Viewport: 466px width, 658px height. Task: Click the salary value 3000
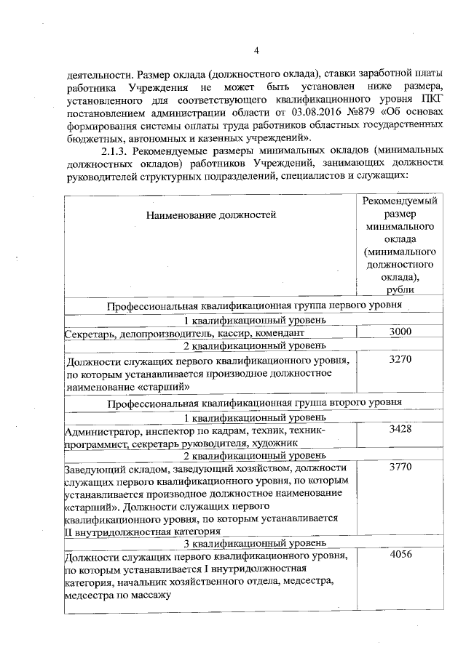tap(400, 332)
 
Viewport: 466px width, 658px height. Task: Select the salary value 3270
tap(400, 359)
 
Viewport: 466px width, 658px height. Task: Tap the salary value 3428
tap(400, 429)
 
